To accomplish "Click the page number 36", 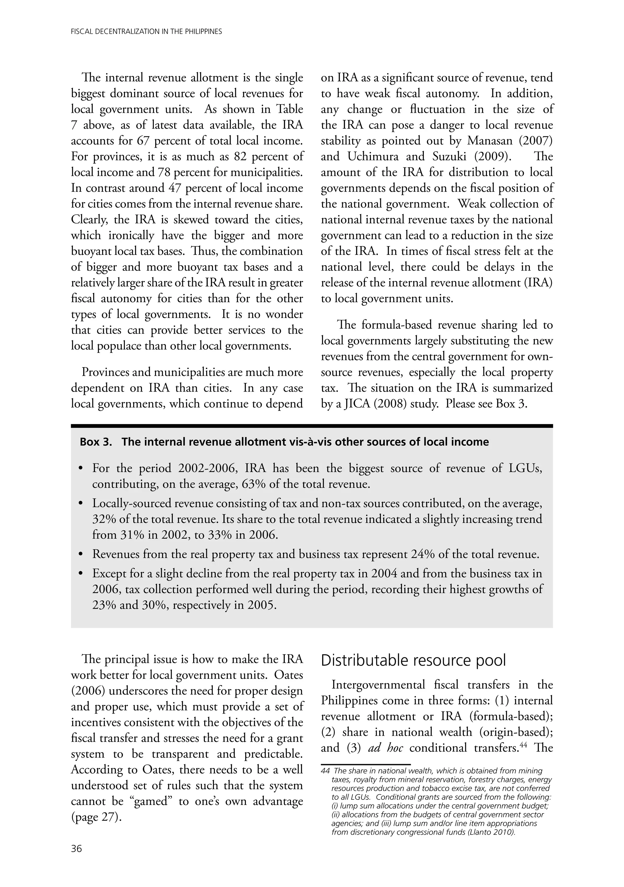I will [76, 849].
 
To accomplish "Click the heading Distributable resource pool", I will [413, 661].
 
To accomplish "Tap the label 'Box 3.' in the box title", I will [96, 442].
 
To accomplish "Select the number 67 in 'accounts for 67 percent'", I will [143, 141].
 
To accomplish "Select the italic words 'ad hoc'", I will [385, 748].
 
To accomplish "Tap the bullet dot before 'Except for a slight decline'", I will [81, 574].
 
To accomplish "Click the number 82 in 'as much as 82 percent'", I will [243, 157].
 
